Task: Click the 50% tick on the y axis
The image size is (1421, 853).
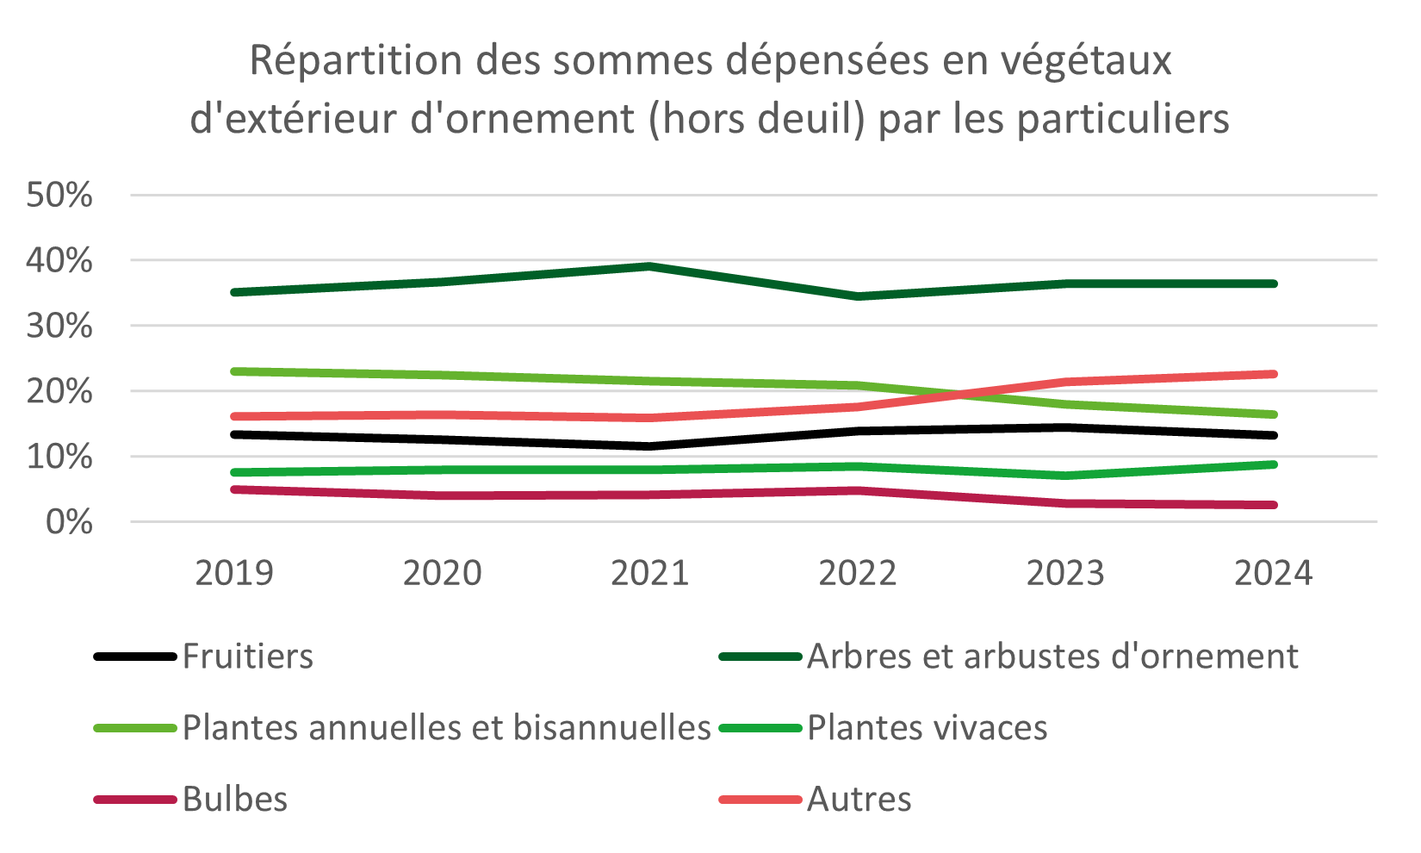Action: pos(59,196)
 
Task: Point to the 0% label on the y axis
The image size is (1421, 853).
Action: pos(69,522)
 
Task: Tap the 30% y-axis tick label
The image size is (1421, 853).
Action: pos(59,327)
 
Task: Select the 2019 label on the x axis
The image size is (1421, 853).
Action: pos(234,573)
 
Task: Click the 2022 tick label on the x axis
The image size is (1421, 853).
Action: pos(858,573)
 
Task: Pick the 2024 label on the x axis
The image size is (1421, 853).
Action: pos(1273,573)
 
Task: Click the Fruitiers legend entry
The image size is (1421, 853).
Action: pos(248,657)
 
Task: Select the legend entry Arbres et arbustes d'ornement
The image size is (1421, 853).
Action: pos(1052,657)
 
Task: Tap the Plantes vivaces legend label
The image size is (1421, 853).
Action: pos(927,728)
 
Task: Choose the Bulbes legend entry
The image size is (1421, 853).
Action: pos(235,800)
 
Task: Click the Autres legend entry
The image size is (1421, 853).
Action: pos(859,800)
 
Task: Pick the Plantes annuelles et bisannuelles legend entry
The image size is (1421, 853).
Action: pos(446,728)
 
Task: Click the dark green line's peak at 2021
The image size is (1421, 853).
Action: pos(650,266)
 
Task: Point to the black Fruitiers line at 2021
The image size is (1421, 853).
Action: pos(650,446)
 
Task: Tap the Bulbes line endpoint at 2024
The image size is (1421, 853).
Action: pos(1273,505)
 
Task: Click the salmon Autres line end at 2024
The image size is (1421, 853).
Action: pos(1273,374)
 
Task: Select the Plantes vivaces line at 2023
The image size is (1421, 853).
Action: pos(1066,476)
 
